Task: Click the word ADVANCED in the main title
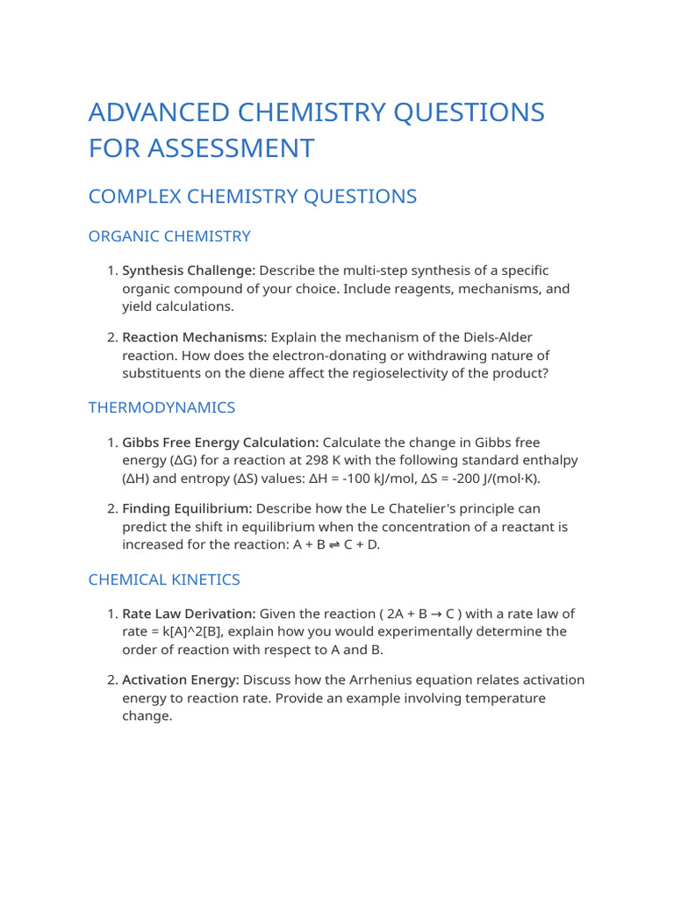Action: (x=157, y=113)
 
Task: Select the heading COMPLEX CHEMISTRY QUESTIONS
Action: (x=252, y=197)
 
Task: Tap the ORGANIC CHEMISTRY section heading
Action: (x=169, y=236)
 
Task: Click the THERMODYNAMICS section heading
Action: (x=161, y=407)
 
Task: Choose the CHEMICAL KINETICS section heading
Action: (x=164, y=579)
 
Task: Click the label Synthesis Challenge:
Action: (x=188, y=270)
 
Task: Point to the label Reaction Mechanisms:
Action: (x=194, y=338)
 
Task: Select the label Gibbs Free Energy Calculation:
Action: (x=220, y=442)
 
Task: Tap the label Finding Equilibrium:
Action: (x=187, y=509)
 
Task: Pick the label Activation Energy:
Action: (x=180, y=680)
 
